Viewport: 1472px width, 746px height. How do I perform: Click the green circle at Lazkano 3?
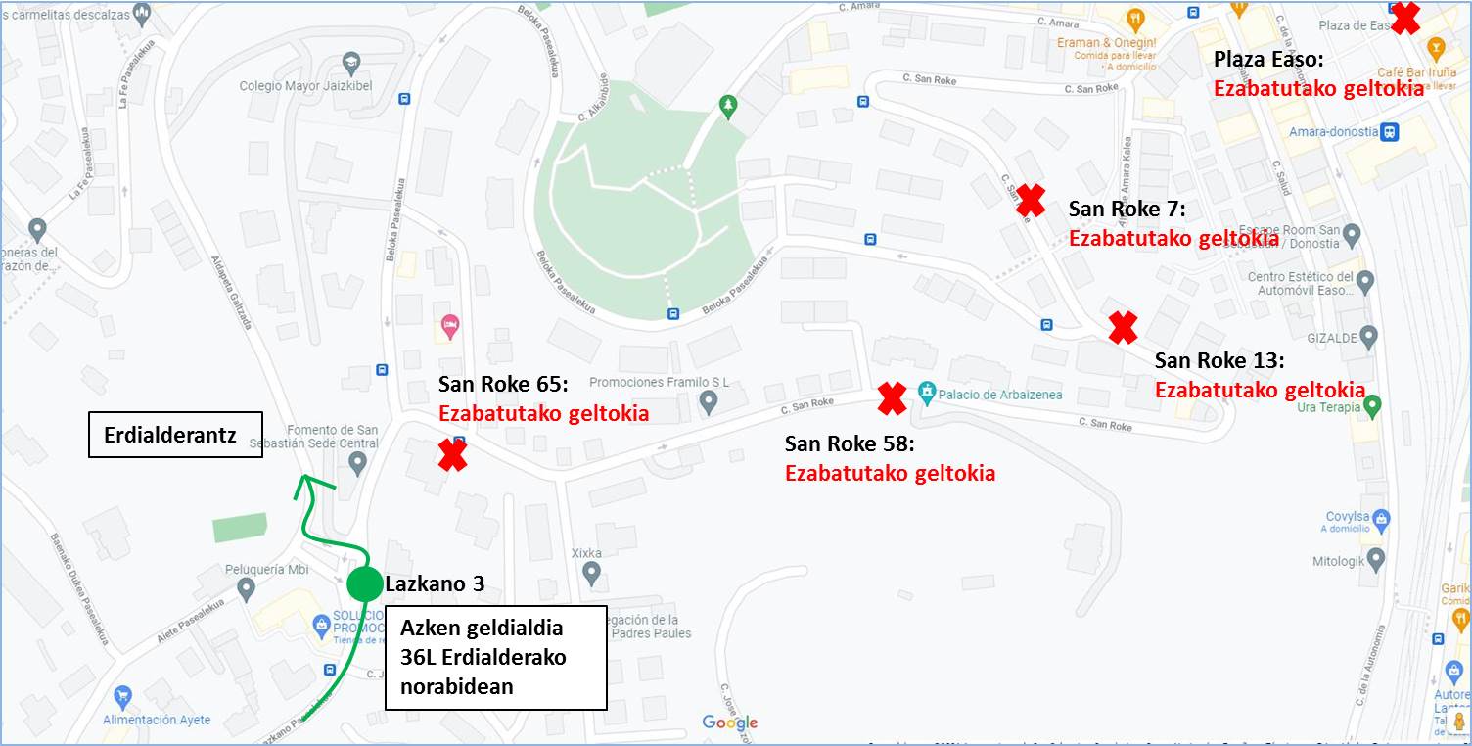click(364, 583)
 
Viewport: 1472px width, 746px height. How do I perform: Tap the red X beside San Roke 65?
click(452, 455)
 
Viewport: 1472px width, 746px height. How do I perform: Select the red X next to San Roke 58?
click(892, 397)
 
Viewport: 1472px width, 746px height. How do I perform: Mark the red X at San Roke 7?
click(1030, 200)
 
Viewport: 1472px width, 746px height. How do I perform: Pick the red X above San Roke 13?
click(1123, 327)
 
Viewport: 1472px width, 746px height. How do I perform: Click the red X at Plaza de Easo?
click(1405, 18)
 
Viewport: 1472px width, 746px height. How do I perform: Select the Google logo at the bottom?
click(730, 723)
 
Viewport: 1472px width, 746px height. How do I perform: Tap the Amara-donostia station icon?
click(1389, 132)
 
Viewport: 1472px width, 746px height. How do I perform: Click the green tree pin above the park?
click(726, 105)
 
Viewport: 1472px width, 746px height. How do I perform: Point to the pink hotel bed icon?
click(450, 323)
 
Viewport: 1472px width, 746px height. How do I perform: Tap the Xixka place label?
click(587, 552)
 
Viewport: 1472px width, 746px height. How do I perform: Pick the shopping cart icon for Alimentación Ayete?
click(122, 698)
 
